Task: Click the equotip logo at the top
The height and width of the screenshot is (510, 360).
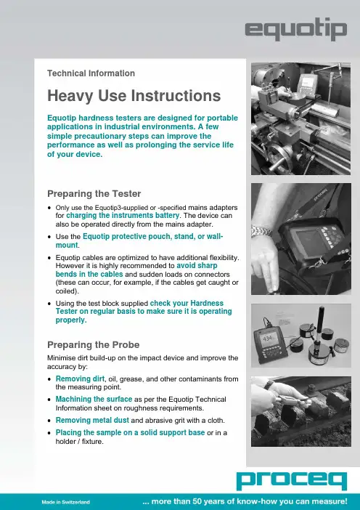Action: click(x=296, y=29)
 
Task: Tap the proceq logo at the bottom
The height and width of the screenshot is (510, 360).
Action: click(x=292, y=481)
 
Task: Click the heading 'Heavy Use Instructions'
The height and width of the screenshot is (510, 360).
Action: click(x=134, y=96)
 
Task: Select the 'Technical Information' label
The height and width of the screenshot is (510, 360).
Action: click(x=91, y=73)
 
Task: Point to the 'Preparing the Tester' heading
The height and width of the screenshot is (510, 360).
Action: click(x=94, y=193)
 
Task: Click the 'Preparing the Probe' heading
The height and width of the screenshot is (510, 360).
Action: click(x=93, y=344)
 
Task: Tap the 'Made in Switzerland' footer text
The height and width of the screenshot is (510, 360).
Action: click(x=65, y=502)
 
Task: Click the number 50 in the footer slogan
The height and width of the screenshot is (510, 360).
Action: click(x=197, y=501)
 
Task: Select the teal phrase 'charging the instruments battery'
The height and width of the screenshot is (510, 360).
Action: click(x=123, y=215)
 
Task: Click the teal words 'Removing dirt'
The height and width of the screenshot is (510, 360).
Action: click(x=80, y=379)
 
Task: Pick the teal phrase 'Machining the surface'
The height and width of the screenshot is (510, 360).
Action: click(x=94, y=399)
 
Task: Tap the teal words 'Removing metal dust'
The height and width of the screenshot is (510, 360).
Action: click(x=92, y=420)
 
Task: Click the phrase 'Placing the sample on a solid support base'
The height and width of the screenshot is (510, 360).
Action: click(x=130, y=432)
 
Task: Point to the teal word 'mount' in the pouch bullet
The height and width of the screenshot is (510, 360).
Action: click(x=67, y=245)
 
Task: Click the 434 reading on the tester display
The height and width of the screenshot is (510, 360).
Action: click(x=267, y=339)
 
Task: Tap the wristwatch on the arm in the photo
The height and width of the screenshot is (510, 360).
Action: click(x=261, y=231)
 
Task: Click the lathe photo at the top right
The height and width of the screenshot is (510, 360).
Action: click(x=301, y=118)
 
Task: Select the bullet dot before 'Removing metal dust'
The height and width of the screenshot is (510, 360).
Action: click(x=49, y=421)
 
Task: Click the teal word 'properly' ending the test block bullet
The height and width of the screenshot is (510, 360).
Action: click(x=70, y=320)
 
